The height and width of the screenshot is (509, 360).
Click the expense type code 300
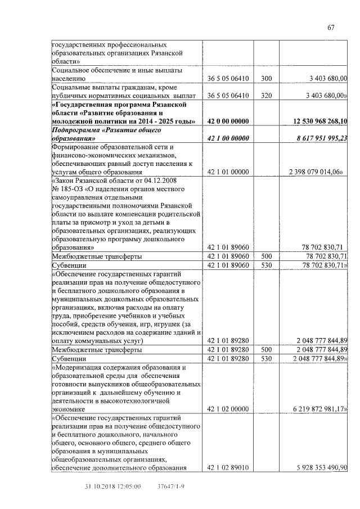click(267, 79)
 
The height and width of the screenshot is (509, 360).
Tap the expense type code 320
click(267, 96)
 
